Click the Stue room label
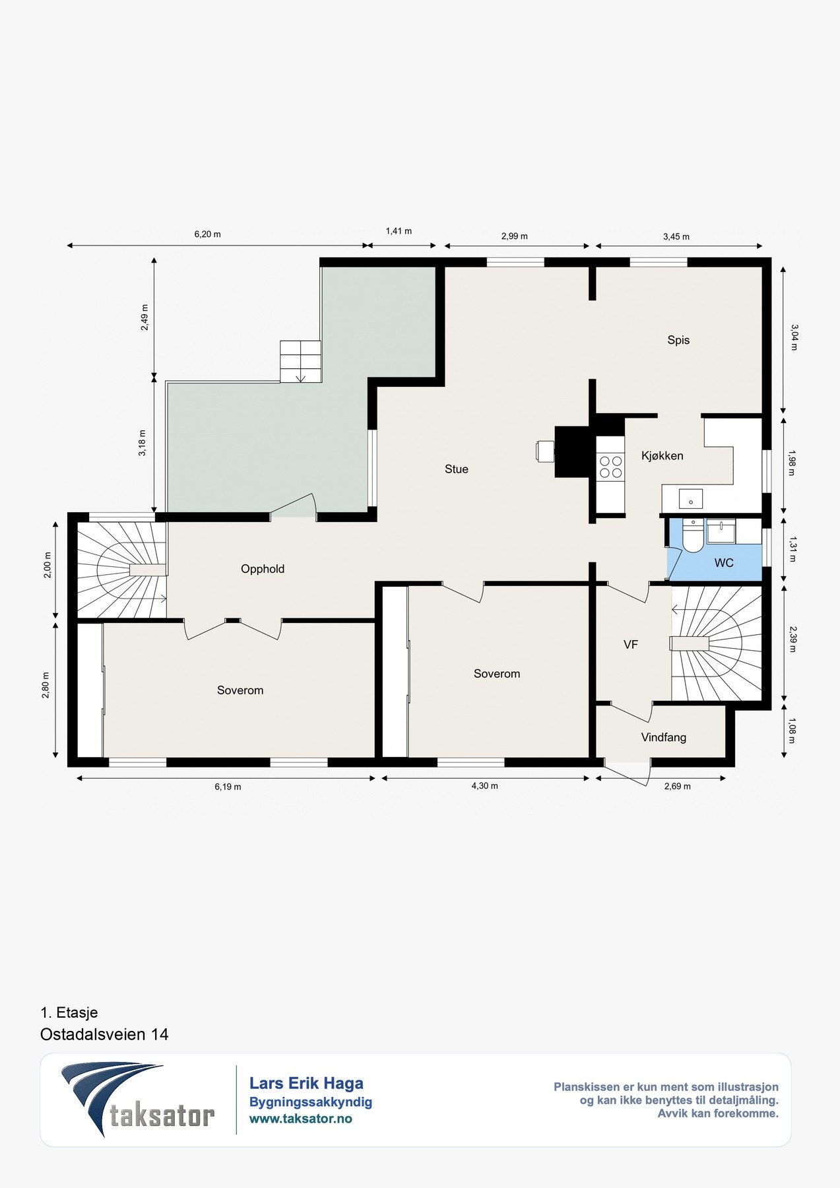(457, 469)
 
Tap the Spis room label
(678, 340)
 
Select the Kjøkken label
(662, 455)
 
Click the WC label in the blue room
(724, 563)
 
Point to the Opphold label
(263, 569)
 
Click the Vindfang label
(664, 737)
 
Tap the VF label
(631, 644)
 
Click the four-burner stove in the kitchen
(610, 467)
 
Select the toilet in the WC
(693, 536)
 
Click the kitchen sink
(690, 498)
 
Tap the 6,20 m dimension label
(207, 234)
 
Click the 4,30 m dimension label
(485, 786)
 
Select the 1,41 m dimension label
(399, 231)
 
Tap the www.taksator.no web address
(301, 1119)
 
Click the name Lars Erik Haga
(306, 1083)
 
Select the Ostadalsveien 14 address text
(104, 1034)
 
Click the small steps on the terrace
(300, 362)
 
